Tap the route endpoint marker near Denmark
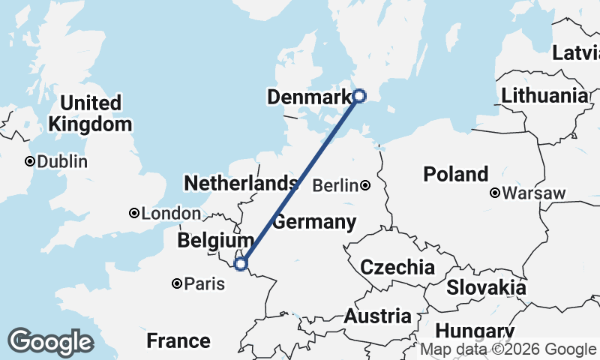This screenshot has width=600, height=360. coord(359,95)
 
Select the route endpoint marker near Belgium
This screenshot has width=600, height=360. coord(241,264)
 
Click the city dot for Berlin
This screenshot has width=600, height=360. coord(365,185)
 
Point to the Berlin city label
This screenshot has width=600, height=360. coord(334,185)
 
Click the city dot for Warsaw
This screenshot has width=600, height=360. coord(495,193)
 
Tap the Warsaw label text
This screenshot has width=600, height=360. coord(534,193)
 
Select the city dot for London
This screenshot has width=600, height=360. coord(134,213)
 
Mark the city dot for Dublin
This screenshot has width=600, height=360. coord(30,161)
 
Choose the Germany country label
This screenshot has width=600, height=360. coord(313,222)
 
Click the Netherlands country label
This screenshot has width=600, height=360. coord(241,183)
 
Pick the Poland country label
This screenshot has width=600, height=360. coord(455,174)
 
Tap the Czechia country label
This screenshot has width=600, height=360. coord(397,267)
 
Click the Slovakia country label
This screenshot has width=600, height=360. coord(486,287)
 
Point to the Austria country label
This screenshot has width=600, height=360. coord(377,316)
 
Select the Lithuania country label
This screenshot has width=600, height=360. coord(545,96)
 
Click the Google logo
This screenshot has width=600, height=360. coord(50,341)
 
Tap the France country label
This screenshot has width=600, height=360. coord(178,341)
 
